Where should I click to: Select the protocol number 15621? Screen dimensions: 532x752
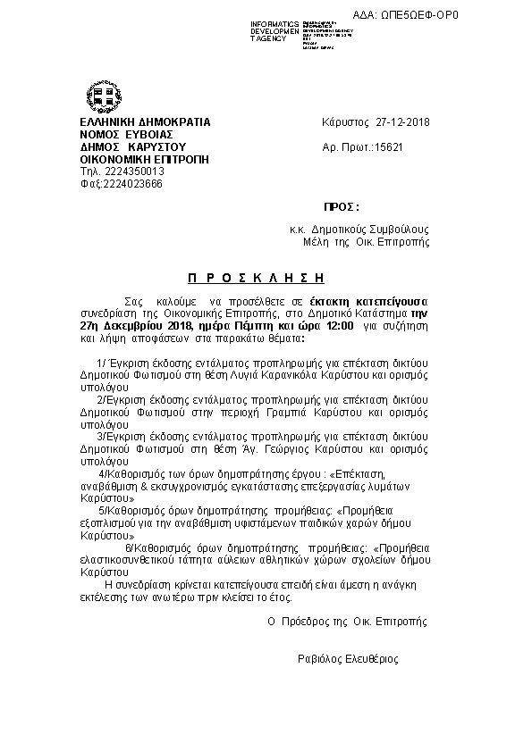[x=388, y=146]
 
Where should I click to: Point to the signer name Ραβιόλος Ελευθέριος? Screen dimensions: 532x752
[x=348, y=659]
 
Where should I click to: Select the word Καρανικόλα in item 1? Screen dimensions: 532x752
[x=312, y=377]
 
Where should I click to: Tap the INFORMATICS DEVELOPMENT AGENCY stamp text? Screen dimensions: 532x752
[x=275, y=30]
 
